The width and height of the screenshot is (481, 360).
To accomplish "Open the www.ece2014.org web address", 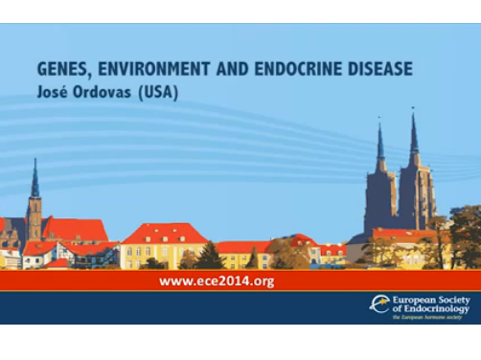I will click(x=217, y=281).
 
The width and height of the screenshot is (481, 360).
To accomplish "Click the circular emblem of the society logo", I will click(x=380, y=305).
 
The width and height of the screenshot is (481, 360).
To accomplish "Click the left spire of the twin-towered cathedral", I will click(x=379, y=144).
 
